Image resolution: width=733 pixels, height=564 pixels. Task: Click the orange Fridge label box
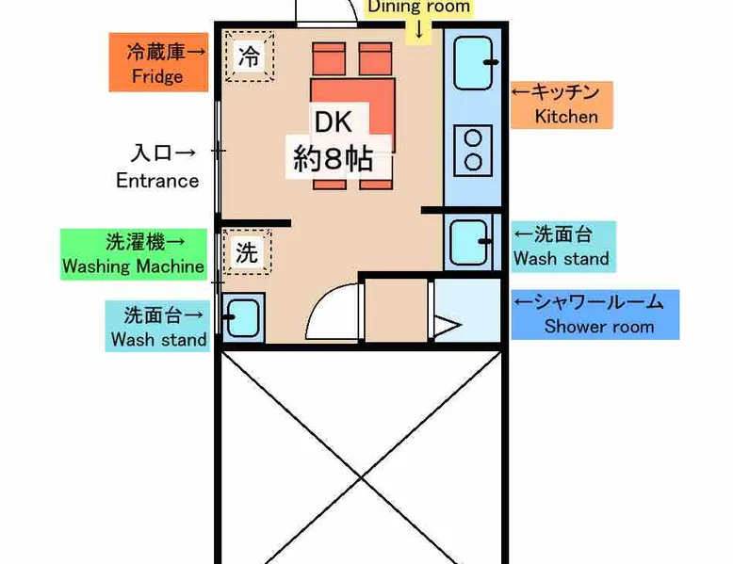pyautogui.click(x=158, y=62)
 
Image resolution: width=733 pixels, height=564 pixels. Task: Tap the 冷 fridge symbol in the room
pyautogui.click(x=249, y=56)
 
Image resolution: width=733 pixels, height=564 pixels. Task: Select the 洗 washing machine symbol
pyautogui.click(x=247, y=251)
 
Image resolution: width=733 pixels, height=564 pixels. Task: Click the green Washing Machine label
pyautogui.click(x=134, y=254)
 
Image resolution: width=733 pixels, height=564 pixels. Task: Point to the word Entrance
pyautogui.click(x=157, y=181)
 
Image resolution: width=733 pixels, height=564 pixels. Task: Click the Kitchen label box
pyautogui.click(x=562, y=105)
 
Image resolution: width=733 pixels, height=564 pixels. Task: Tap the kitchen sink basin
pyautogui.click(x=474, y=63)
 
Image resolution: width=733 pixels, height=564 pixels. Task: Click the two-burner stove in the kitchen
pyautogui.click(x=473, y=150)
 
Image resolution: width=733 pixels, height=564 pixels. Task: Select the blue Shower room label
pyautogui.click(x=595, y=314)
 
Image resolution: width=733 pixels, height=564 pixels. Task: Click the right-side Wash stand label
pyautogui.click(x=563, y=247)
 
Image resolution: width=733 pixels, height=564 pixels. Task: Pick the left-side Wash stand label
pyautogui.click(x=157, y=326)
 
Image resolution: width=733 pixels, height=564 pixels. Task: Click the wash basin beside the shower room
pyautogui.click(x=469, y=243)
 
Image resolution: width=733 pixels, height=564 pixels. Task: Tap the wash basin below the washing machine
pyautogui.click(x=243, y=317)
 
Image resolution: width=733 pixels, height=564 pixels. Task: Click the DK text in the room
pyautogui.click(x=334, y=121)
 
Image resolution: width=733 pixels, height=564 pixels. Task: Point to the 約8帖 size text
pyautogui.click(x=333, y=159)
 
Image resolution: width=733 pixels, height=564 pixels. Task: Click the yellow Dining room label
pyautogui.click(x=419, y=7)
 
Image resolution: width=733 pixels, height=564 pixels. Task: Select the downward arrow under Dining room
pyautogui.click(x=419, y=29)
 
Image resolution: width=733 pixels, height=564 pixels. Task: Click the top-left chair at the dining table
pyautogui.click(x=329, y=58)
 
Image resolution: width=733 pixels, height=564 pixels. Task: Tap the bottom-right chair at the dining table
pyautogui.click(x=376, y=185)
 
